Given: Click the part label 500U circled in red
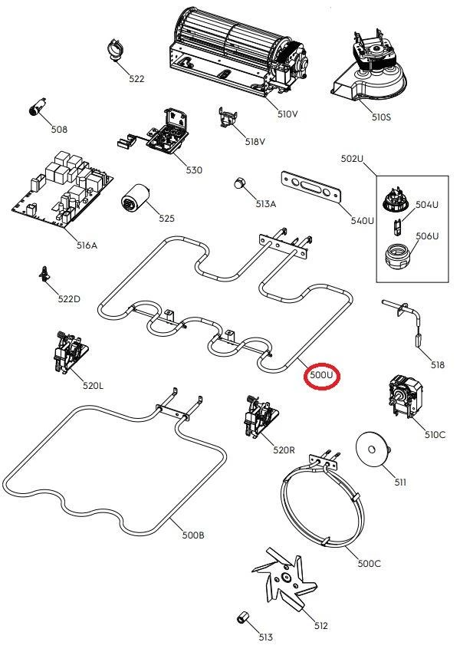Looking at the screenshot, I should [322, 375].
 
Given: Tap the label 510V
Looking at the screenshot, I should [287, 114].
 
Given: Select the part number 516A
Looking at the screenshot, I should [87, 245].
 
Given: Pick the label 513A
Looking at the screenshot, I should [266, 204].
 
